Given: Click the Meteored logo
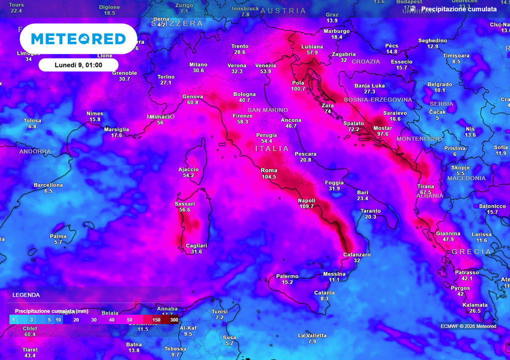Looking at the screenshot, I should tap(78, 39).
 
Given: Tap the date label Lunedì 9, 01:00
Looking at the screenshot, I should tap(78, 65).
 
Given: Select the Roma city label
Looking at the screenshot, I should tap(269, 171).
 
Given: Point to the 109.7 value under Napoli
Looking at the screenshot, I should tap(306, 207).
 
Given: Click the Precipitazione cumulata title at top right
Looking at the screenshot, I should tap(459, 9).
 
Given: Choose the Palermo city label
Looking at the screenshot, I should tap(287, 276).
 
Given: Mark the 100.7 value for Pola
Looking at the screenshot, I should tap(298, 89).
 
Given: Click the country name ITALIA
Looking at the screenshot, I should tap(272, 148).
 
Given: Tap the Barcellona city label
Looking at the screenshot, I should tap(48, 185).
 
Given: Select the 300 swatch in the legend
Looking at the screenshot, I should tap(173, 320).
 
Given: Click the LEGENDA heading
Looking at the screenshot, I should tap(26, 295).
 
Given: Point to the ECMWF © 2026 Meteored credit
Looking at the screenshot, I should tap(468, 327).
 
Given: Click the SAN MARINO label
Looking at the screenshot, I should tap(268, 110).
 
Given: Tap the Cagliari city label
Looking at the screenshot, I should tap(196, 246).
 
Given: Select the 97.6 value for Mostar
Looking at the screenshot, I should tap(382, 134).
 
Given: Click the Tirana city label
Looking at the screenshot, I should tap(425, 186).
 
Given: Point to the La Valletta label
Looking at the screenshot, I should tap(312, 336).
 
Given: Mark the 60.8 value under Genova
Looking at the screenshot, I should tap(193, 103).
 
